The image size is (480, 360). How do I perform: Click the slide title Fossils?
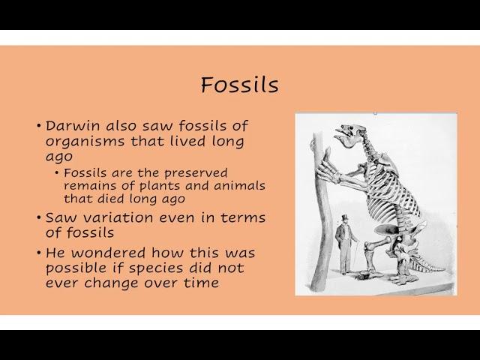click(x=240, y=85)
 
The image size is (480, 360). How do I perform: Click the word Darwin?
click(x=73, y=126)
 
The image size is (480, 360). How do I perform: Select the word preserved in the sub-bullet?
click(x=196, y=174)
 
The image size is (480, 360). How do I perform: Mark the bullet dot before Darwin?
click(x=38, y=126)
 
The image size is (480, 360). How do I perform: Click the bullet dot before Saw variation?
click(x=38, y=217)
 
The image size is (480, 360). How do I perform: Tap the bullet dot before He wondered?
click(x=38, y=253)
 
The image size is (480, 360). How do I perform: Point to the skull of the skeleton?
click(x=349, y=134)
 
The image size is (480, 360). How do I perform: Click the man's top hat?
click(x=345, y=218)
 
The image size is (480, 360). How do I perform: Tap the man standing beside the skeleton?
click(x=346, y=244)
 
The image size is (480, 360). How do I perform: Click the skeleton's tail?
click(x=427, y=264)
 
